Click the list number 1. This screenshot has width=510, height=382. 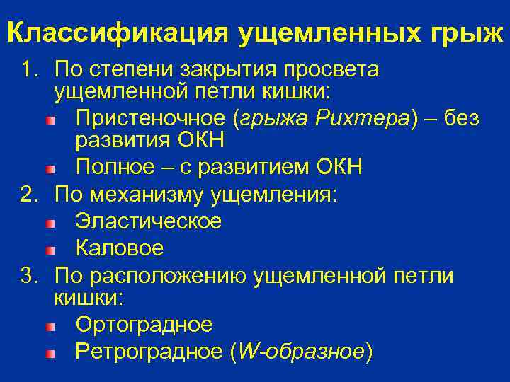(28, 70)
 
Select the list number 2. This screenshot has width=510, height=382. (28, 195)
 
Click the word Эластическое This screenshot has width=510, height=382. (148, 221)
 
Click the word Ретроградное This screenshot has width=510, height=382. (148, 351)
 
